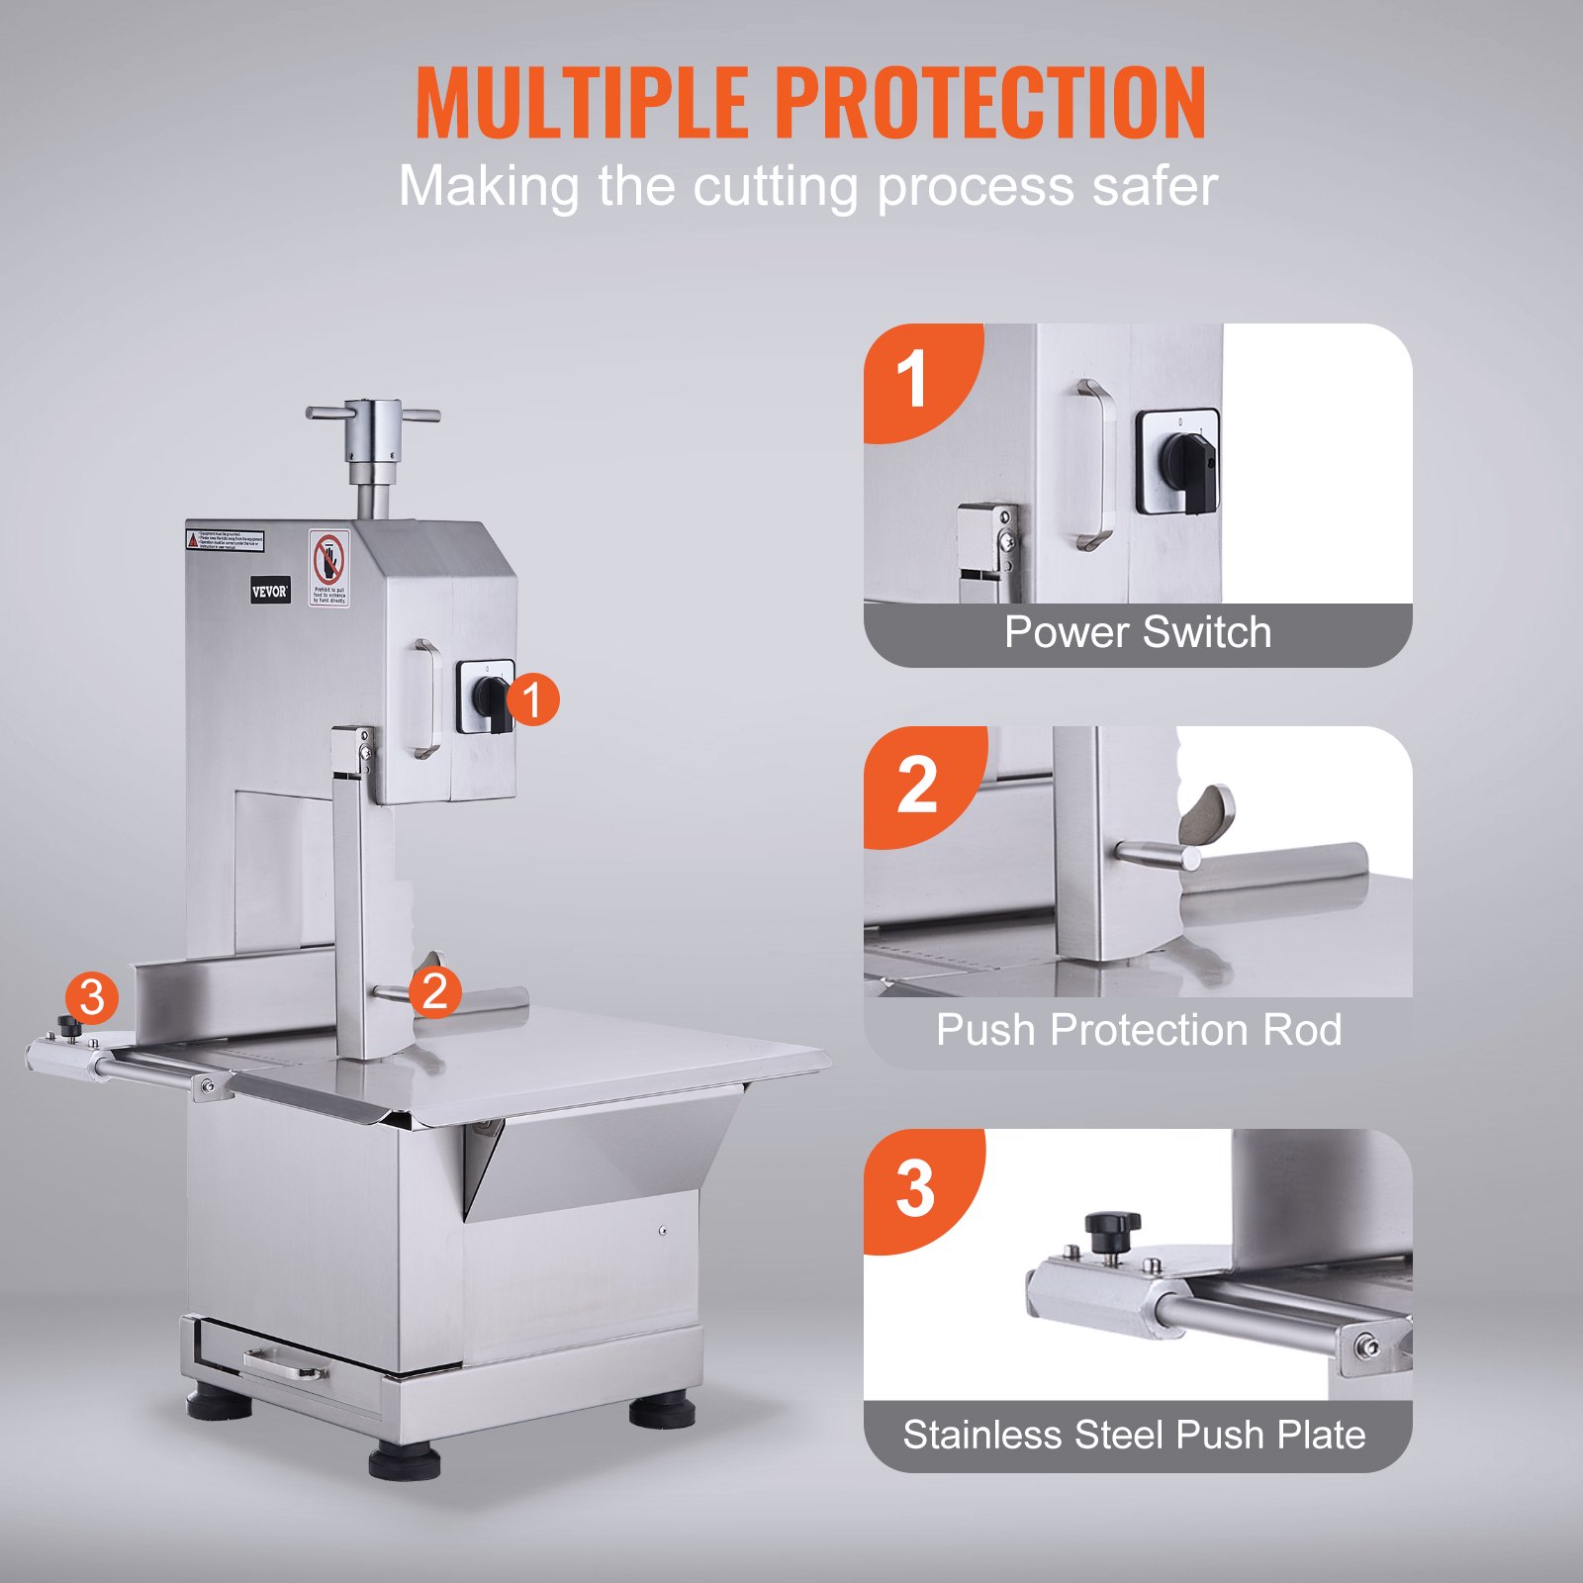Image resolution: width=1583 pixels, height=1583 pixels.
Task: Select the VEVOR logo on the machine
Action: coord(269,592)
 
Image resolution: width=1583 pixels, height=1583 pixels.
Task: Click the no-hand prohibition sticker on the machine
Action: coord(329,567)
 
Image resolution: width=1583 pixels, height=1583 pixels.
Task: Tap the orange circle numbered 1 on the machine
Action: coord(533,700)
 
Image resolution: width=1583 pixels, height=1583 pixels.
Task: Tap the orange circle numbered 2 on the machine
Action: coord(435,991)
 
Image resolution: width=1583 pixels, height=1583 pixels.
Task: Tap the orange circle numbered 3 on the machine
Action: coord(92,997)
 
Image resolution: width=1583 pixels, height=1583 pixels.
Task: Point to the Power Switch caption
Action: coord(1138,633)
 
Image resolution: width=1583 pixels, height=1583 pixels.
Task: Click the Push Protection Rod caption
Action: coord(1138,1030)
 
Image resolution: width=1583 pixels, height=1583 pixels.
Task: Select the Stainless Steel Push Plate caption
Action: coord(1134,1435)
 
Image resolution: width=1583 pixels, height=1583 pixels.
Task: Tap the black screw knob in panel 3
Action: coord(1112,1229)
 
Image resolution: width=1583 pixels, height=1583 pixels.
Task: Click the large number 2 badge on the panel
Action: coord(917,786)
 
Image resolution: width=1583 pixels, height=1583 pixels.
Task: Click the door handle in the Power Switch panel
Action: coord(1094,465)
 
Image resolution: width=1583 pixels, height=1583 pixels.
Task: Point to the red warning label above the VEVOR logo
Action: coord(226,540)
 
